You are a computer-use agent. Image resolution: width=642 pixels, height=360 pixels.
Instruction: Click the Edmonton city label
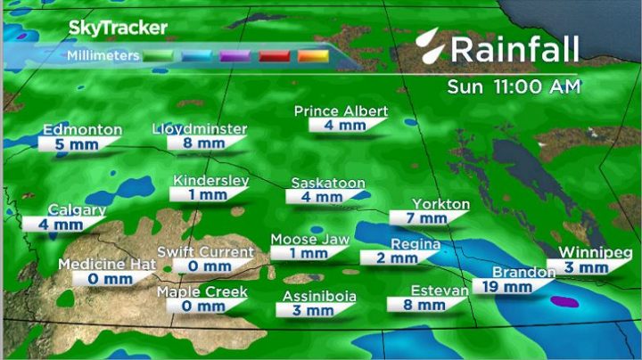pos(82,130)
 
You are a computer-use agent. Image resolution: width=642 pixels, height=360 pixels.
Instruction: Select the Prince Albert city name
pos(342,111)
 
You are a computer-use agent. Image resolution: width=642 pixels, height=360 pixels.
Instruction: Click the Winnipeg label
pos(589,252)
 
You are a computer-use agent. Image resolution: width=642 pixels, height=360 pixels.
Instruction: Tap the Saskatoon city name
pos(328,183)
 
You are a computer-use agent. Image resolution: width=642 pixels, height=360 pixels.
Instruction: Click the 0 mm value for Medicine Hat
pos(97,279)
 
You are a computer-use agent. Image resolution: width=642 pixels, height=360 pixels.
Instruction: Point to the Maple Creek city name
pos(202,292)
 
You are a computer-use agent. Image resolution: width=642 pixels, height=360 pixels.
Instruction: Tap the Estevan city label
pos(440,290)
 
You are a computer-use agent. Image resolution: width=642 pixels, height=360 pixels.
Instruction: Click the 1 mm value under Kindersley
pos(209,194)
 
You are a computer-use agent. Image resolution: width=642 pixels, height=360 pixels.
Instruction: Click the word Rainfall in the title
pos(514,49)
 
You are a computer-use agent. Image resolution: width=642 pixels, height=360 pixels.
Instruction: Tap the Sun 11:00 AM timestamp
pos(514,86)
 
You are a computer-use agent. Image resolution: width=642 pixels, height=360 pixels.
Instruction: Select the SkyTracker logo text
pos(118,28)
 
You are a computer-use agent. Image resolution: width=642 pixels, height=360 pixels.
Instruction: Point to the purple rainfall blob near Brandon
pos(564,303)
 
